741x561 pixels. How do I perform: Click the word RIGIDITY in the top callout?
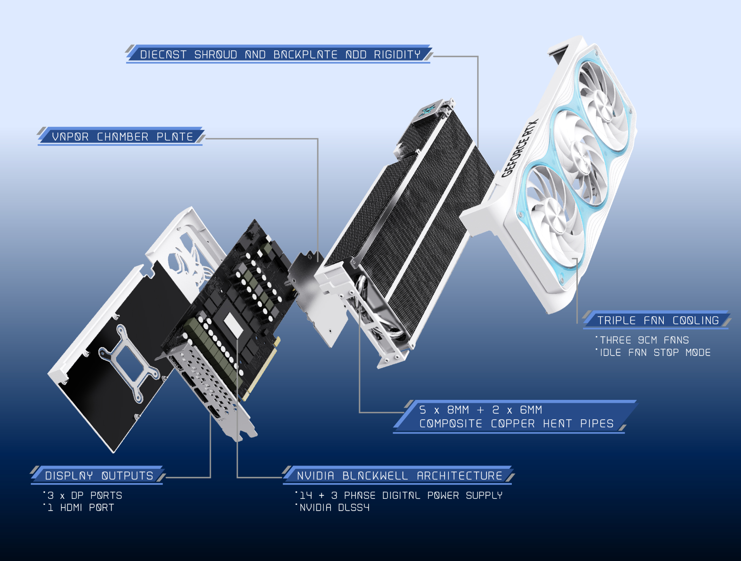[397, 55]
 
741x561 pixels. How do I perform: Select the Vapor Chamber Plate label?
[123, 137]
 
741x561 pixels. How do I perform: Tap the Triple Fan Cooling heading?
[658, 320]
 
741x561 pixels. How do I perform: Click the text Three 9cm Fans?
[644, 340]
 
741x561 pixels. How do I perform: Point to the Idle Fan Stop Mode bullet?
[655, 352]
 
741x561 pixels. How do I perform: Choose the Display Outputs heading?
[99, 475]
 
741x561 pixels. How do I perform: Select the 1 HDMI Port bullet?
[81, 508]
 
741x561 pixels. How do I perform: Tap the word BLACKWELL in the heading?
[375, 475]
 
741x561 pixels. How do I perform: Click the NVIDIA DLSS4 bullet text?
[334, 508]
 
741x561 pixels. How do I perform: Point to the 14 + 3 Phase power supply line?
[401, 495]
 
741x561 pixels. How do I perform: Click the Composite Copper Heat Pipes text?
[516, 424]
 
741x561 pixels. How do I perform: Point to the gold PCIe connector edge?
[261, 368]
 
